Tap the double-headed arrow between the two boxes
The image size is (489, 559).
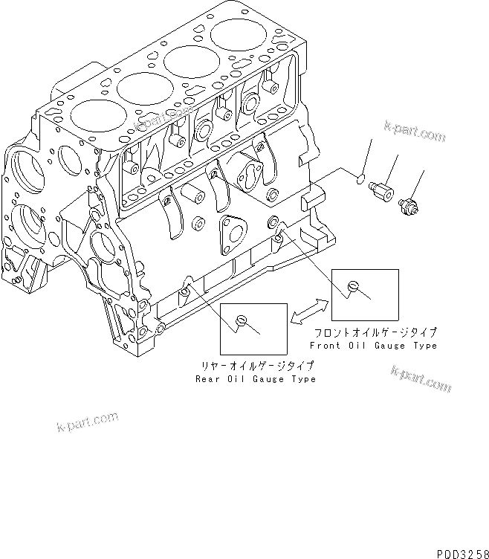point(309,311)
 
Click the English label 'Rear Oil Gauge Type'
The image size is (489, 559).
point(255,379)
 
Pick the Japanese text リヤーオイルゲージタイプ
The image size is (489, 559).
point(255,366)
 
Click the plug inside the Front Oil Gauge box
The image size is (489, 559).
point(354,285)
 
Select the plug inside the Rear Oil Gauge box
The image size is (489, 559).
point(240,320)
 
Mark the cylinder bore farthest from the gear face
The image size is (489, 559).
point(238,39)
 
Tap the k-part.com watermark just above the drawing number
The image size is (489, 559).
point(421,380)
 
